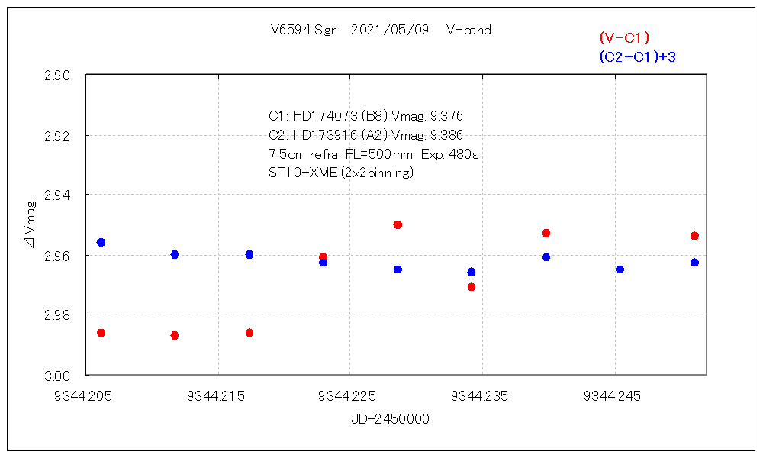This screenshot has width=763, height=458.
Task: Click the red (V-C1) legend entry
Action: pos(624,37)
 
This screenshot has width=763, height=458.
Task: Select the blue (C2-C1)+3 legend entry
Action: pos(637,57)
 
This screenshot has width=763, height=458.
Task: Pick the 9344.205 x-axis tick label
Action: pos(88,397)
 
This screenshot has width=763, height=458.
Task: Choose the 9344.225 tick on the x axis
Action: pos(349,397)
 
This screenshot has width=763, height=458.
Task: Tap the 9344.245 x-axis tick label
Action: pos(613,397)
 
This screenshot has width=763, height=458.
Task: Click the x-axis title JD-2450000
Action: pos(390,419)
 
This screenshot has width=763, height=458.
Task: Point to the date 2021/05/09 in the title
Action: pos(390,31)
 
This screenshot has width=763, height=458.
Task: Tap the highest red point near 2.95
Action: pos(398,224)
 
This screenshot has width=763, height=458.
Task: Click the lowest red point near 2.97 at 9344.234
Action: pos(472,287)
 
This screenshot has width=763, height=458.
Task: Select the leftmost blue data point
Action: pos(101,242)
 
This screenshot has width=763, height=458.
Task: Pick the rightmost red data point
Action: pos(694,236)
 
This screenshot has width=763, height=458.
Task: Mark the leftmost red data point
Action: pos(101,333)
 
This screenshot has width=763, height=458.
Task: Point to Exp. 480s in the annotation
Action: pos(450,154)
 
